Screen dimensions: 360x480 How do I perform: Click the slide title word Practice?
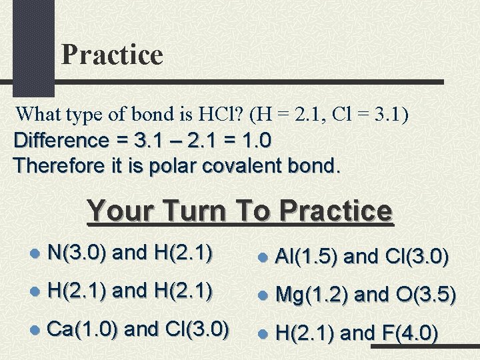pos(112,55)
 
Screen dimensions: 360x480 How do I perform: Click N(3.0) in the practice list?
pos(79,253)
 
